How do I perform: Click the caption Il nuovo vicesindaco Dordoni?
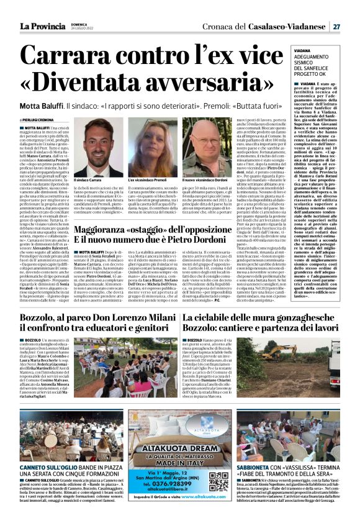coord(205,181)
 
